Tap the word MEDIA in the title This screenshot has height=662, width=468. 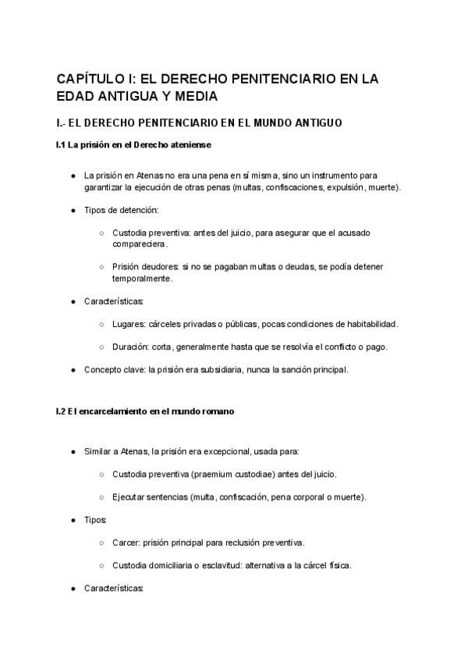pos(196,97)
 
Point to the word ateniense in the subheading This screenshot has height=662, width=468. pos(188,145)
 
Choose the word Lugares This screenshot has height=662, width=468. pos(129,324)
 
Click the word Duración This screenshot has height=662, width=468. pos(131,347)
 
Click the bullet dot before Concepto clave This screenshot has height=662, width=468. pos(73,369)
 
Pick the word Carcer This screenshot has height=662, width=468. pos(126,543)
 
